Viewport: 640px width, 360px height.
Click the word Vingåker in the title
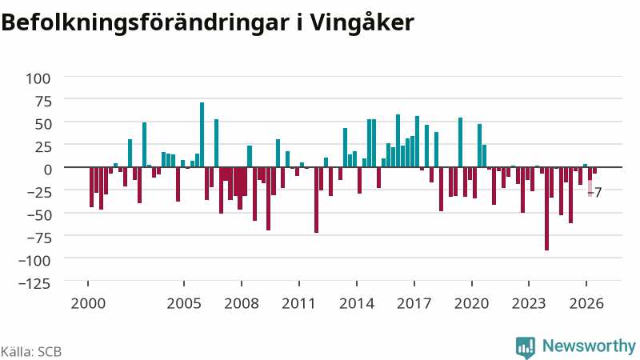361,23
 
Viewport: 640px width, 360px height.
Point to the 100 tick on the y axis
38,78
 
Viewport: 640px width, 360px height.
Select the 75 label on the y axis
43,102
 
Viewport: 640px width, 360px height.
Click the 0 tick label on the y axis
48,169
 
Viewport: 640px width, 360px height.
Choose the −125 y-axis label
34,283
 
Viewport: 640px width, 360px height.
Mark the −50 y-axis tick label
38,214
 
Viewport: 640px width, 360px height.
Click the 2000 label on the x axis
88,304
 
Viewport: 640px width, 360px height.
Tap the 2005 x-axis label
184,304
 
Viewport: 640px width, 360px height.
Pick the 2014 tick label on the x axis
357,304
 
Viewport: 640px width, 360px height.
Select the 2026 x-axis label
586,304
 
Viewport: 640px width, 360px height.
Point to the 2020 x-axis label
471,304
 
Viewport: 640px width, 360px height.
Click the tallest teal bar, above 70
202,134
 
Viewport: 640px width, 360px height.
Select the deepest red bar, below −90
547,209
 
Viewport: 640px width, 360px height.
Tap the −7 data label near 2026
595,192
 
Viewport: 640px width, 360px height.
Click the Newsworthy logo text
589,346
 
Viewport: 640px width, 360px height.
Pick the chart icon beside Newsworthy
526,347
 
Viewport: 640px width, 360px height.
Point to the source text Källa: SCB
31,351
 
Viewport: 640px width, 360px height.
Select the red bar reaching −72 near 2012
316,200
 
